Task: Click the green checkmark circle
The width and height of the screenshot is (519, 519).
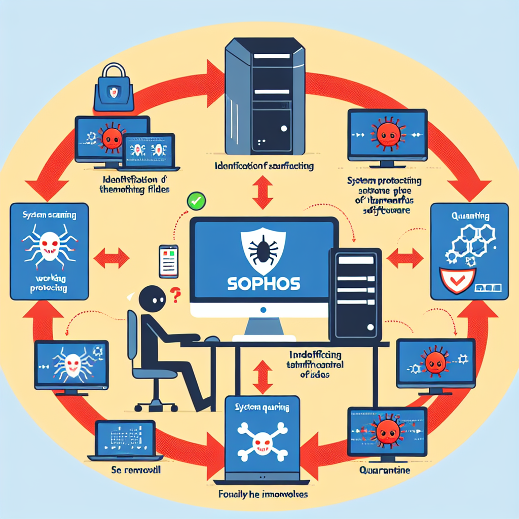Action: coord(195,201)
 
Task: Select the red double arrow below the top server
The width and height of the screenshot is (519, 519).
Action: coord(262,193)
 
